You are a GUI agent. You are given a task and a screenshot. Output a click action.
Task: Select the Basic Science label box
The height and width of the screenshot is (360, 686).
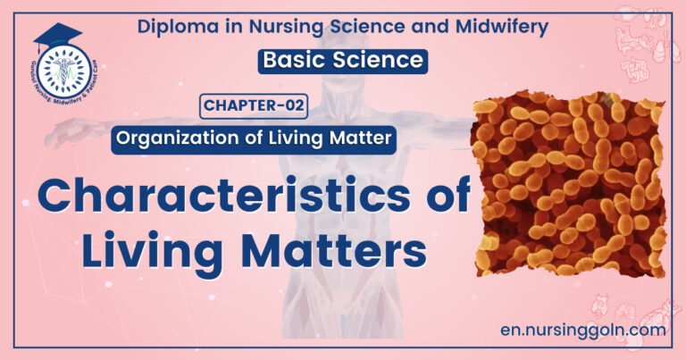pyautogui.click(x=343, y=62)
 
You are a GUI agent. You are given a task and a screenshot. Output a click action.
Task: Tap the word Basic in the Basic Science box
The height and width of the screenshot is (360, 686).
pyautogui.click(x=293, y=62)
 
